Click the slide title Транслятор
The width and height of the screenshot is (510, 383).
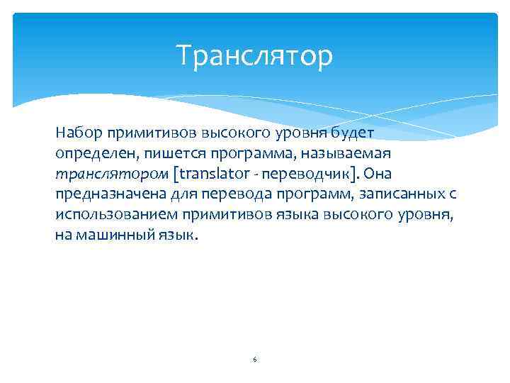[x=254, y=56]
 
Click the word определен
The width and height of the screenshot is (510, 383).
[x=89, y=153]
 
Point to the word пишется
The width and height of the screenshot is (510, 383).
[x=165, y=153]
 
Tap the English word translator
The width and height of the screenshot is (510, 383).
[x=213, y=174]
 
